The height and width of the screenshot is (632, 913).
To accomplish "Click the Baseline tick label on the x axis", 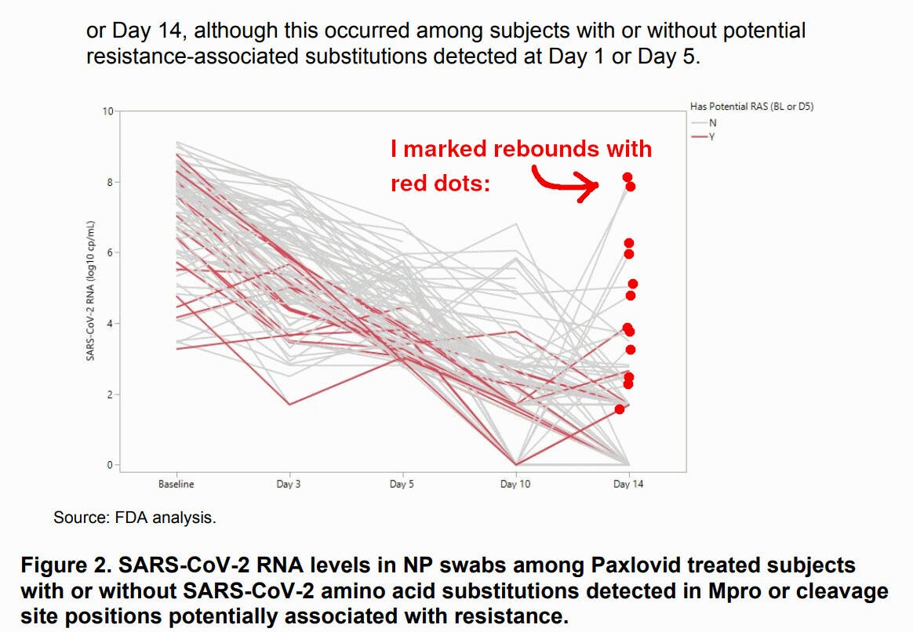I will [176, 484].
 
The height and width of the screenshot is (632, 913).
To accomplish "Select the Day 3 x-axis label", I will [289, 484].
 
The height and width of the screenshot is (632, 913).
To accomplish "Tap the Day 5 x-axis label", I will [402, 484].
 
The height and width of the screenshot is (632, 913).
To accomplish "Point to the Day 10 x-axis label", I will [515, 484].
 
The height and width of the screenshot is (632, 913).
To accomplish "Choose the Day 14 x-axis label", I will [628, 484].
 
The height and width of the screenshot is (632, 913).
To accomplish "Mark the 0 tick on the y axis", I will [109, 465].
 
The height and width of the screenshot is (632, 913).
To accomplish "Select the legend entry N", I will [712, 123].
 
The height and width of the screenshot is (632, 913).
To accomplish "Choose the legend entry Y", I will [712, 136].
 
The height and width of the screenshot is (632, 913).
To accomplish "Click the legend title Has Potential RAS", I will [751, 107].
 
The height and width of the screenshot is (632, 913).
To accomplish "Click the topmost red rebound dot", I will [627, 177].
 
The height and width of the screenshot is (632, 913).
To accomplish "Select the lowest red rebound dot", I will [620, 409].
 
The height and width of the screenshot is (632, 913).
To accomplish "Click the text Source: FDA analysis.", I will [134, 518].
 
